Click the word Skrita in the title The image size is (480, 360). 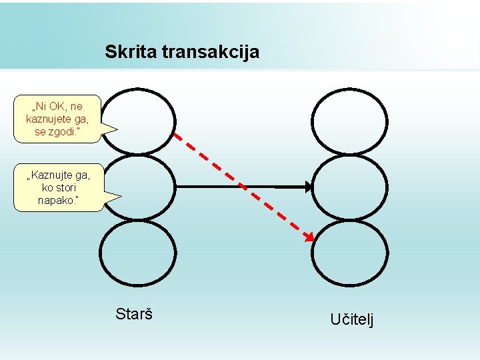click(x=131, y=51)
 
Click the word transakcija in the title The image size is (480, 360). click(x=211, y=51)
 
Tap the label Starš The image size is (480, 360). click(x=134, y=313)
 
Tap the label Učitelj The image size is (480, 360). click(x=352, y=319)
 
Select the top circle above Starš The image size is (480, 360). click(x=138, y=122)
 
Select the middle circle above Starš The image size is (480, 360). click(x=138, y=187)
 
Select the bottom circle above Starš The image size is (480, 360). click(x=138, y=253)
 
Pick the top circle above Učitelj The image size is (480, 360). click(x=349, y=122)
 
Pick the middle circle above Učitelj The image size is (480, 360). click(x=349, y=187)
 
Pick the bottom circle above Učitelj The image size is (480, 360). click(x=349, y=253)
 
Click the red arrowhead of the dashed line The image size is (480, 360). click(x=309, y=237)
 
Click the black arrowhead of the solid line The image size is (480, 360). click(x=308, y=187)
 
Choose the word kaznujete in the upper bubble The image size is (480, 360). click(x=50, y=119)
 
